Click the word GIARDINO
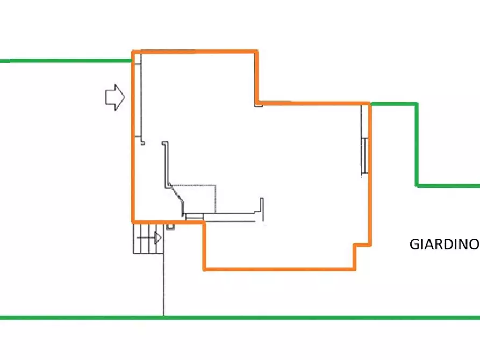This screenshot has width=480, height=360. point(444,244)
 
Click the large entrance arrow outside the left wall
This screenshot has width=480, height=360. point(115,97)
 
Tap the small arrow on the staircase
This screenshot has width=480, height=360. point(157,238)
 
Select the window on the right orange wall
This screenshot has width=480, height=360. point(364,156)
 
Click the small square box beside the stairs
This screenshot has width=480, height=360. point(170,227)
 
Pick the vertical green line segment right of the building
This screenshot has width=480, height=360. point(417,145)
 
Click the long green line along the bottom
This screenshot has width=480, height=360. point(240,318)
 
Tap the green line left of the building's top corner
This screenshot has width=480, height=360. point(66,61)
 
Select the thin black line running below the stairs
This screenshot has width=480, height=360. point(164,285)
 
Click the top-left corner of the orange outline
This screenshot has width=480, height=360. point(133,52)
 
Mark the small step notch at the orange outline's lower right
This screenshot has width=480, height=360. point(363,245)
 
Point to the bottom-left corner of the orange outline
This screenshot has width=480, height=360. point(133,221)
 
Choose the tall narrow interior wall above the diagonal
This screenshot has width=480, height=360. point(166,165)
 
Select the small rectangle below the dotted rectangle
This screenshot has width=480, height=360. point(195,217)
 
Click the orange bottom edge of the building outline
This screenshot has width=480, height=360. point(280,269)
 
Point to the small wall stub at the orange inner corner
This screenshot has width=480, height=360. point(259,105)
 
